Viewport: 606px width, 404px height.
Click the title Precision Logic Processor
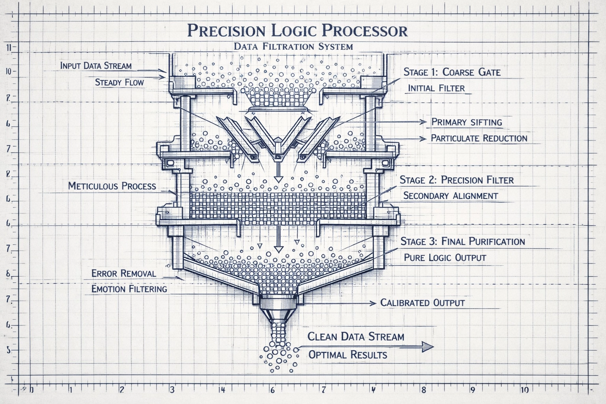tap(297, 30)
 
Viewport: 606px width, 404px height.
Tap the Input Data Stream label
tap(96, 65)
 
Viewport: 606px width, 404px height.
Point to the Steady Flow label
tap(120, 82)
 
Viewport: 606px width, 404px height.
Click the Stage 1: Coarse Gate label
tap(452, 72)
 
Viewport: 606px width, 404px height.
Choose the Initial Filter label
tap(436, 88)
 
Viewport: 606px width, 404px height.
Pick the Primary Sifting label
tap(467, 122)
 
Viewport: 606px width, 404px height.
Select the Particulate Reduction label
tap(479, 138)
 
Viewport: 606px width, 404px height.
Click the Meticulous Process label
tap(112, 186)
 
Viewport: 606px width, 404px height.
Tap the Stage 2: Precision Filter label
tap(456, 180)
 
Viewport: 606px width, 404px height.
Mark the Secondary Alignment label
tap(451, 196)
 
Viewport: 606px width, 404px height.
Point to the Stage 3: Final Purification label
tap(462, 241)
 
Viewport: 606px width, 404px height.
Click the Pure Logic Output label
tap(445, 258)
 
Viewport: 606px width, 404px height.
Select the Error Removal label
tap(123, 273)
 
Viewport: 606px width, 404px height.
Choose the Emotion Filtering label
tap(129, 289)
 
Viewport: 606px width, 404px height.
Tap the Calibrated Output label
tap(422, 303)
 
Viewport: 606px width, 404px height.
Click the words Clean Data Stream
tap(355, 337)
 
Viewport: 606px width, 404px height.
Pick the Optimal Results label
tap(348, 354)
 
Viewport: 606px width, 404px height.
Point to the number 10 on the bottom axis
tap(524, 390)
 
